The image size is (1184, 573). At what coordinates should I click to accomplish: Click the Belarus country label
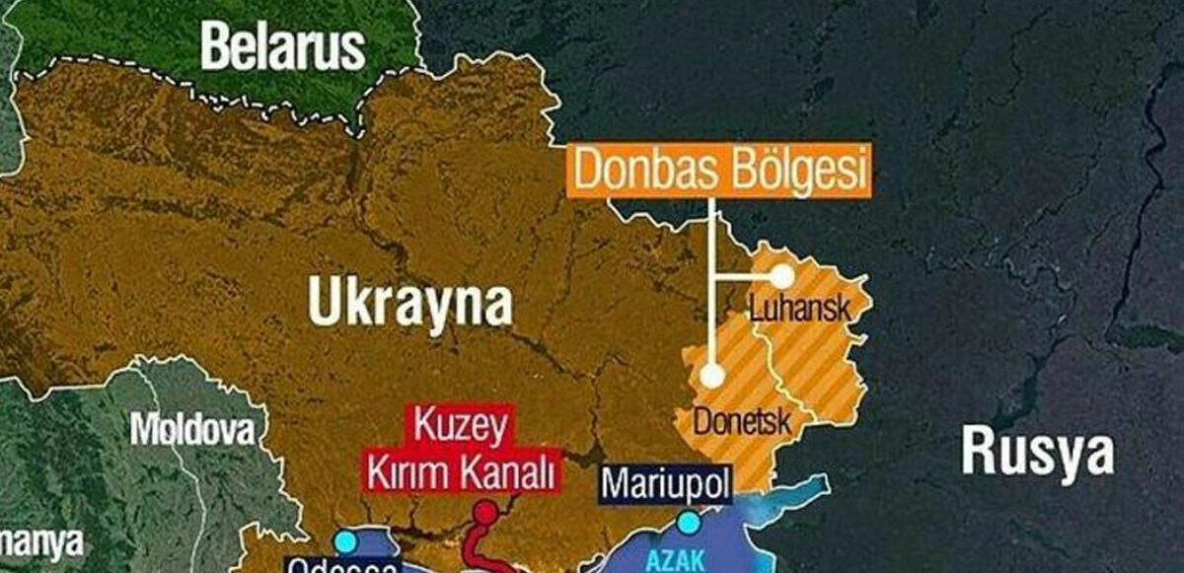point(283,47)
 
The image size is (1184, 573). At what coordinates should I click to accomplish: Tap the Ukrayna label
point(410,301)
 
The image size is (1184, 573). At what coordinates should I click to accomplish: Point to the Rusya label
point(1037,453)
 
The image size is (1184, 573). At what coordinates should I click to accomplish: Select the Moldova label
point(191,430)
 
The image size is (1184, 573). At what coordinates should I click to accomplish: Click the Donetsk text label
point(743,423)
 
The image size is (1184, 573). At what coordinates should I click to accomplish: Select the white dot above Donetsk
point(711,376)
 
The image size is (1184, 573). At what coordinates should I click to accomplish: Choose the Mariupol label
point(666,484)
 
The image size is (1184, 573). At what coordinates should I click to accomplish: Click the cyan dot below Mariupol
point(688,521)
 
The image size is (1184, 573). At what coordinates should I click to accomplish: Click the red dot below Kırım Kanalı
point(485,513)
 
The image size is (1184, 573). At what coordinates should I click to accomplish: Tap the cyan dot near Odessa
point(345,541)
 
